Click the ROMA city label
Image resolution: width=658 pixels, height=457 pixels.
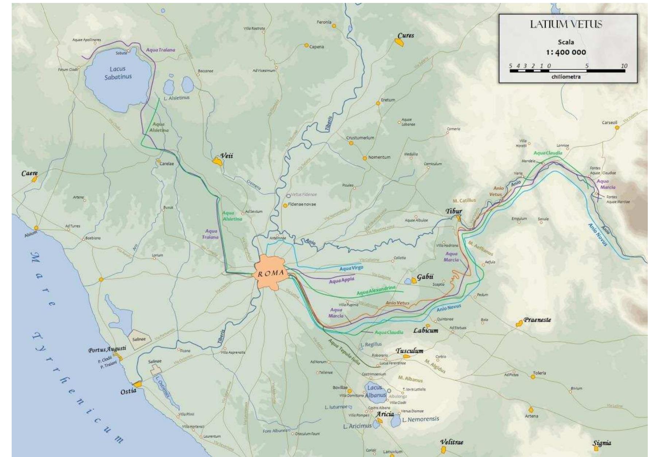[x=270, y=274]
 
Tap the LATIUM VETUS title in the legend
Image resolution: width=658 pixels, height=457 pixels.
[x=566, y=24]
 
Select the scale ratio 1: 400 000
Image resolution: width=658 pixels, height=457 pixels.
[x=566, y=52]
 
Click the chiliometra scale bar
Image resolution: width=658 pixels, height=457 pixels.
[x=567, y=71]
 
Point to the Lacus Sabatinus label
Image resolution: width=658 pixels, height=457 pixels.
[x=118, y=73]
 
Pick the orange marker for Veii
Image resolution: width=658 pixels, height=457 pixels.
[x=218, y=161]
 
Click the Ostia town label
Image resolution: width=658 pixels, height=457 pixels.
[x=128, y=391]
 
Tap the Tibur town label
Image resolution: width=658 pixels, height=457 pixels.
[x=454, y=211]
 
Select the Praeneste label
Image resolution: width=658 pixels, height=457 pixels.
[x=537, y=320]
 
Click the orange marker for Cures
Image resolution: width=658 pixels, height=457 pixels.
[x=399, y=43]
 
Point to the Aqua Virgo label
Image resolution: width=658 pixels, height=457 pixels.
[x=351, y=269]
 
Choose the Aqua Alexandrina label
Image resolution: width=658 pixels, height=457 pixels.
[x=376, y=290]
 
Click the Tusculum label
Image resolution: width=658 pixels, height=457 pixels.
[x=410, y=351]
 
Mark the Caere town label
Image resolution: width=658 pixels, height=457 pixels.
[x=30, y=173]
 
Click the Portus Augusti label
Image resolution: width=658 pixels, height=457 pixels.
[x=107, y=349]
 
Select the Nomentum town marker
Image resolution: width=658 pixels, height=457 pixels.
[x=364, y=158]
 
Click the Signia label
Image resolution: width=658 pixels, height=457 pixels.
[x=602, y=443]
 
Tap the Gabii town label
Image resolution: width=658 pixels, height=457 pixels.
[x=425, y=277]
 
